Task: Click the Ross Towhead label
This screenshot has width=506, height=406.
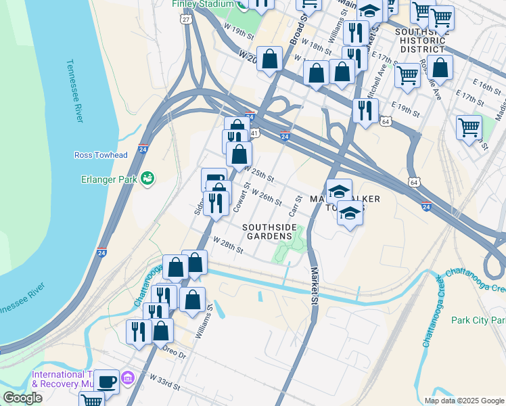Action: [x=101, y=155]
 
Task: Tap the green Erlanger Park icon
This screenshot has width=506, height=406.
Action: [x=147, y=179]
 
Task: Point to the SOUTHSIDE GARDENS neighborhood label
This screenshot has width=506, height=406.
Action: [x=269, y=231]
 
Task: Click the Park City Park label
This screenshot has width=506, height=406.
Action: [x=478, y=320]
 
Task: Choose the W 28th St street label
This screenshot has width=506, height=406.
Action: [x=227, y=245]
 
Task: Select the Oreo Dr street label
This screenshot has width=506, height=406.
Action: [x=173, y=352]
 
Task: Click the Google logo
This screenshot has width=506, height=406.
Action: [x=22, y=398]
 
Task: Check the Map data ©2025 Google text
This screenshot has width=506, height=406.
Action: [x=463, y=401]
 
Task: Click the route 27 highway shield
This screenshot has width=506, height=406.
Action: [x=185, y=20]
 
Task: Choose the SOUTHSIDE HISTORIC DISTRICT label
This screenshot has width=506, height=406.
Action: [x=420, y=40]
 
